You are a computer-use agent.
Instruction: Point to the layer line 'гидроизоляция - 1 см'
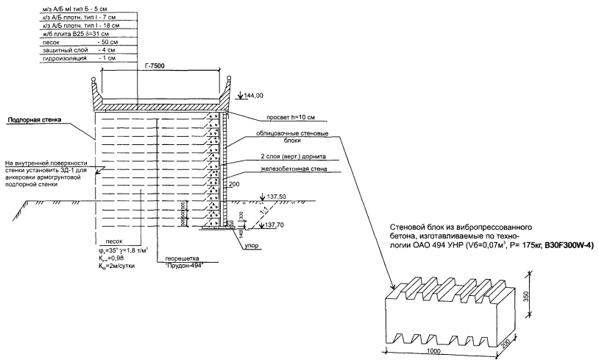click(74, 57)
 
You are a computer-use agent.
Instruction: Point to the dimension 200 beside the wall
click(235, 183)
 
